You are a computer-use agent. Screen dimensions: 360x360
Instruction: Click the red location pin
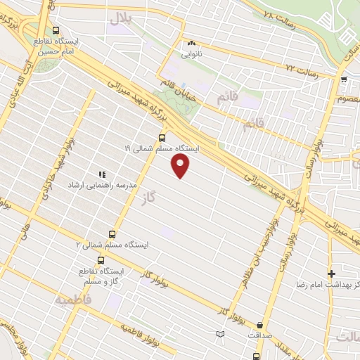coord(181,166)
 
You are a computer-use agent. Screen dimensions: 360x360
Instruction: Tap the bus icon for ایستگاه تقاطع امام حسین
coord(56,30)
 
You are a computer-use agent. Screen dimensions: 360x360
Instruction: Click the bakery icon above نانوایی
coord(191,41)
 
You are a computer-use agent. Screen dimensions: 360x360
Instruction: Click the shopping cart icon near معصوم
coord(344,79)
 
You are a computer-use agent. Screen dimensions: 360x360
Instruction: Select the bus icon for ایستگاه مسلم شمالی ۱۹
coord(162,137)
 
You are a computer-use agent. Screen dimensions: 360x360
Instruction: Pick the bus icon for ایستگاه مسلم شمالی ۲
coord(112,234)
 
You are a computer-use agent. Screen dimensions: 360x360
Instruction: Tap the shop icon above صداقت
coord(260,325)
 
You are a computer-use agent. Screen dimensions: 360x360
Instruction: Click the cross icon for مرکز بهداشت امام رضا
coord(331,273)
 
